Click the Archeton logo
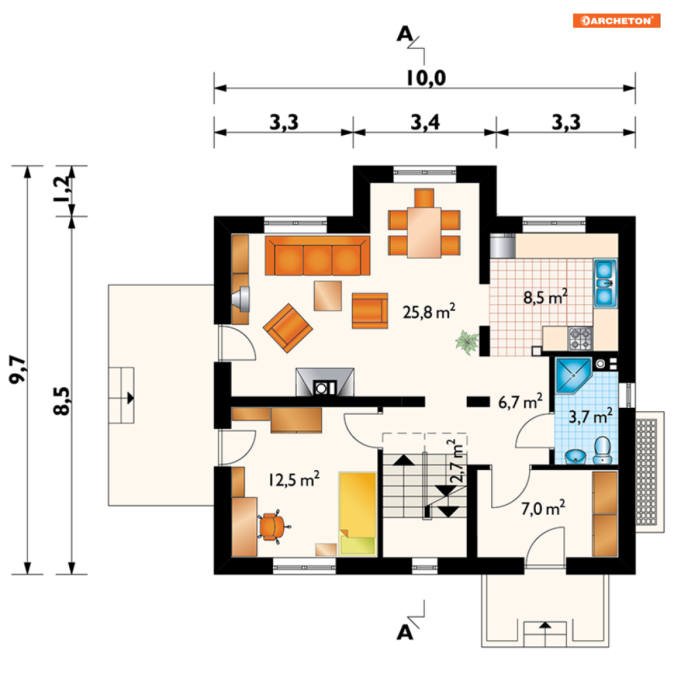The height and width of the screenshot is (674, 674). pyautogui.click(x=616, y=20)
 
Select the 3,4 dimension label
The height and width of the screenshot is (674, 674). pyautogui.click(x=425, y=123)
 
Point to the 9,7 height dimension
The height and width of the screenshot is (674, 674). pyautogui.click(x=18, y=369)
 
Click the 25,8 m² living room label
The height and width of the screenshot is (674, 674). pyautogui.click(x=429, y=311)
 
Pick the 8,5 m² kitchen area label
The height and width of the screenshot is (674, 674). pyautogui.click(x=545, y=297)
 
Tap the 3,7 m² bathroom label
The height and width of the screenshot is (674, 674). pyautogui.click(x=591, y=416)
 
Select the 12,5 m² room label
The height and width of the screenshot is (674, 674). pyautogui.click(x=294, y=479)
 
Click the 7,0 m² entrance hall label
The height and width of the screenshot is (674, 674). pyautogui.click(x=543, y=508)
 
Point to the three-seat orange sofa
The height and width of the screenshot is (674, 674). pyautogui.click(x=317, y=255)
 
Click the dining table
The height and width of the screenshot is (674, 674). pyautogui.click(x=424, y=232)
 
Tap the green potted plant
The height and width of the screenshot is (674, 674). pyautogui.click(x=467, y=341)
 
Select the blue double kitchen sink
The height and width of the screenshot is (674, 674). pyautogui.click(x=605, y=283)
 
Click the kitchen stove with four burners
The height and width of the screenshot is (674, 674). pyautogui.click(x=581, y=338)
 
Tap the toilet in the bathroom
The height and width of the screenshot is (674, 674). pyautogui.click(x=603, y=450)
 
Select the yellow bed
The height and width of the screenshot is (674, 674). pyautogui.click(x=358, y=513)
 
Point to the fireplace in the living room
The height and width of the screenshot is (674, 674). pyautogui.click(x=325, y=381)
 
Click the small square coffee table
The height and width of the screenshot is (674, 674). pyautogui.click(x=328, y=296)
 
